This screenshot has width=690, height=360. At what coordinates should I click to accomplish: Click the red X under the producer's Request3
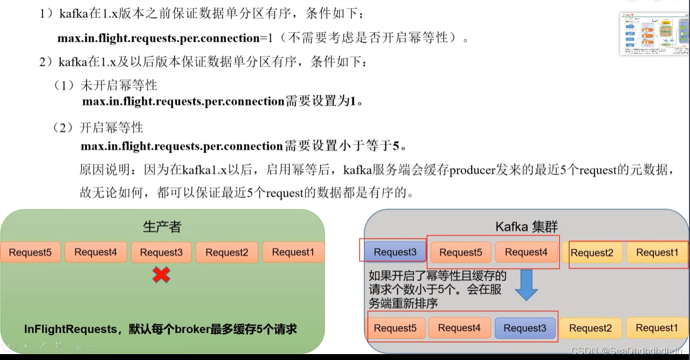[x=161, y=275]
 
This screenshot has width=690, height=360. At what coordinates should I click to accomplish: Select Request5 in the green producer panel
[x=30, y=252]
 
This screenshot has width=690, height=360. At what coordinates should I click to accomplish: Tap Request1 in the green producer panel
[x=293, y=252]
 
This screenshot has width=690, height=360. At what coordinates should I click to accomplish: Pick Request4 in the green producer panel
[x=95, y=252]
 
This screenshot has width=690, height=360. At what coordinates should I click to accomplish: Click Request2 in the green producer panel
[x=227, y=252]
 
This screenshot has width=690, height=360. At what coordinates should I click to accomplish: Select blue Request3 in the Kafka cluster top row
[x=395, y=252]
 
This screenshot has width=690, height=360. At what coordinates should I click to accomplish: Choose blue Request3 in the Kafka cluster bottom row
[x=525, y=328]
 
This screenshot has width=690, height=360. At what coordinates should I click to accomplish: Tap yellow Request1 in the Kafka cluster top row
[x=657, y=252]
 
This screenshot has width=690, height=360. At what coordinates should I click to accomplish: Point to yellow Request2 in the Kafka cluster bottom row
[x=590, y=328]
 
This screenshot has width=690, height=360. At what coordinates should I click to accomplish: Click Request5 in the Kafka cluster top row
[x=460, y=252]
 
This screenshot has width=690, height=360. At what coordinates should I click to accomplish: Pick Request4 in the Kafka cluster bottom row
[x=459, y=328]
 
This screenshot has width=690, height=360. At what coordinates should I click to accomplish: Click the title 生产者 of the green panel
[x=162, y=227]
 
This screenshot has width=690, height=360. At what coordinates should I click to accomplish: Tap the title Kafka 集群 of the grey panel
[x=526, y=227]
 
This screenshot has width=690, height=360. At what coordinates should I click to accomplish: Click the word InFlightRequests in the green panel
[x=70, y=329]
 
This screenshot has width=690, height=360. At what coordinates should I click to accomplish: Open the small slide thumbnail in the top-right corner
[x=654, y=33]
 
